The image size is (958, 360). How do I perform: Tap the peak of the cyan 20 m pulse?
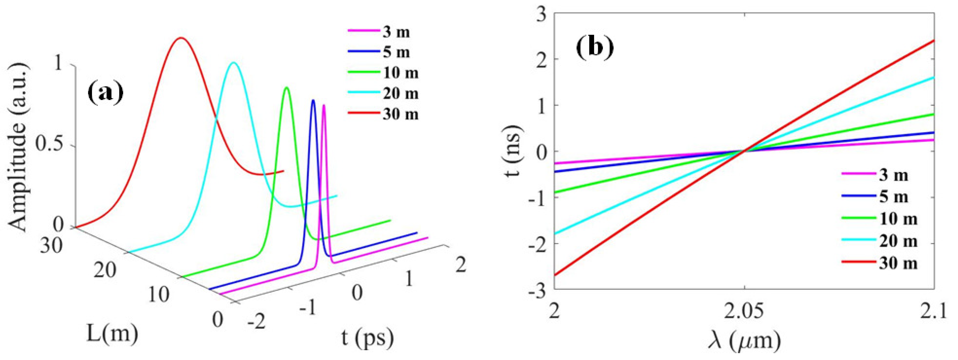coord(233,62)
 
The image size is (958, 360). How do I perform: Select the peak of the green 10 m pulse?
coord(287,87)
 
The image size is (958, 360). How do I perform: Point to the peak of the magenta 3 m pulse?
coord(324,105)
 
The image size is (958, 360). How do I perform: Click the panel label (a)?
coord(105,93)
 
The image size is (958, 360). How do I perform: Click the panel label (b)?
coord(594,48)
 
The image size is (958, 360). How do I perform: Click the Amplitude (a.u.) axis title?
coord(18,147)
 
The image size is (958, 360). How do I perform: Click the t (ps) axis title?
coord(367,338)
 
